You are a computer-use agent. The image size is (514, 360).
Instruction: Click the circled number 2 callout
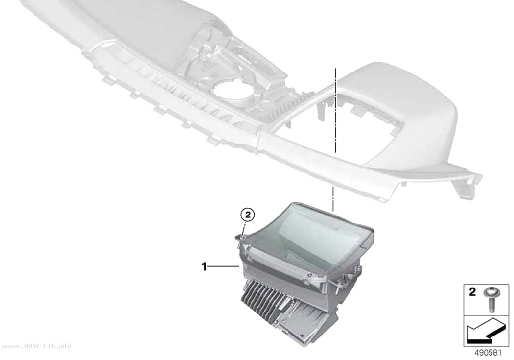click(248, 215)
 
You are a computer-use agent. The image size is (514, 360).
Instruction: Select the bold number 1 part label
click(204, 266)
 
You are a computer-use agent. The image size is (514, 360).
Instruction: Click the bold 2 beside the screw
click(472, 291)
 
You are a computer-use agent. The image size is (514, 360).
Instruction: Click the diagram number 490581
click(488, 353)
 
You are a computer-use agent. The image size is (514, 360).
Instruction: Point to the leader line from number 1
click(223, 267)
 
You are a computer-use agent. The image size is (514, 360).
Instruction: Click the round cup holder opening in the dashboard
click(231, 91)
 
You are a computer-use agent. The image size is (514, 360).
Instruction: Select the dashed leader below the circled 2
click(245, 229)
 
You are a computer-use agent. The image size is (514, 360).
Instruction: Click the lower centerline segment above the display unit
click(333, 198)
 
